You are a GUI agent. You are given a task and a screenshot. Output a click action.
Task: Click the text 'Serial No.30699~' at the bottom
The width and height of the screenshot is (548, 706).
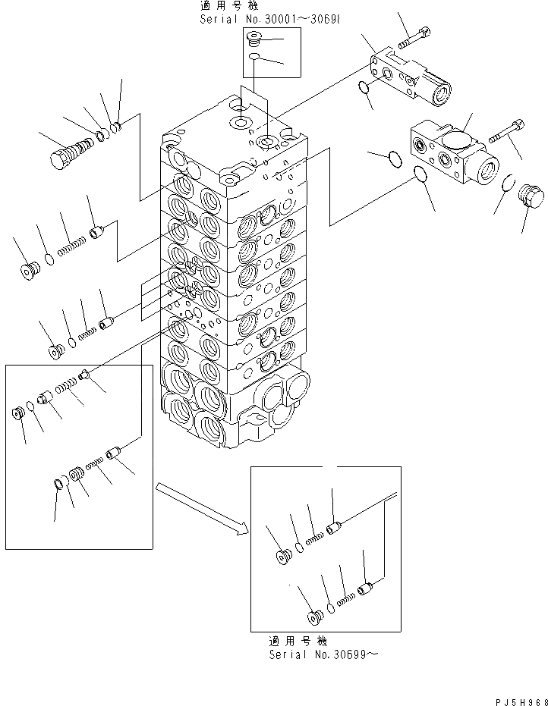tap(322, 654)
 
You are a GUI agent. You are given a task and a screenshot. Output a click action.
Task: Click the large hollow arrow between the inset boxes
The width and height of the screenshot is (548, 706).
tap(202, 508)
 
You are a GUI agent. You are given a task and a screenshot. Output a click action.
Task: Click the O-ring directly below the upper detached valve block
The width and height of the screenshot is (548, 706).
tap(365, 89)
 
